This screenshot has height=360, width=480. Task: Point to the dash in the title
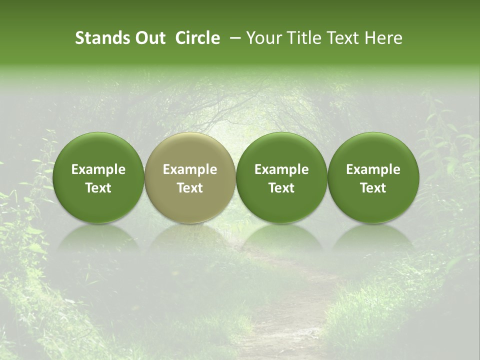233,38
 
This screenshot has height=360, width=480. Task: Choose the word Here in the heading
383,38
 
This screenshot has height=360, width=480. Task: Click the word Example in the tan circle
190,169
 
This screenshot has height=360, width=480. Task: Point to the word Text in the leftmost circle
98,188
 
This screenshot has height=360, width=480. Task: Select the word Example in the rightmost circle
373,169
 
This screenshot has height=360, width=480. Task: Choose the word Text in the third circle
281,188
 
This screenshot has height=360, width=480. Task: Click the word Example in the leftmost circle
98,169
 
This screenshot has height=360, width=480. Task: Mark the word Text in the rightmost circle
373,188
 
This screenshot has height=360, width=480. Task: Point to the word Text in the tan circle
190,188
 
